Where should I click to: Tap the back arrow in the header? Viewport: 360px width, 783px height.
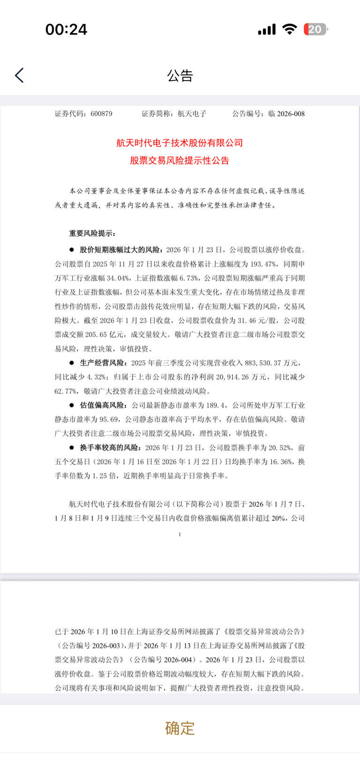tap(19, 75)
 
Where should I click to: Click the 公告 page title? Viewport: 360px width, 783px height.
tap(180, 75)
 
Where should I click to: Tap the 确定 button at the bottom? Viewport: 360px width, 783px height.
tap(180, 728)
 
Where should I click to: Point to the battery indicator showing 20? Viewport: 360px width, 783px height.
tap(315, 30)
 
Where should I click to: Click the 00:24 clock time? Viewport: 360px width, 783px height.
tap(66, 30)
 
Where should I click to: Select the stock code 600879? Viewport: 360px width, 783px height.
tap(101, 114)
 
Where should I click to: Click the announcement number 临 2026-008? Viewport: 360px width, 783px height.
tap(286, 114)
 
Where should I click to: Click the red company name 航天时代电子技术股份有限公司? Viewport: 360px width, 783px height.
tap(180, 143)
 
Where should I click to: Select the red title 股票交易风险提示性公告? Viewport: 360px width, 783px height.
tap(180, 161)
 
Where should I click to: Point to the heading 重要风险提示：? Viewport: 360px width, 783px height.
tap(92, 233)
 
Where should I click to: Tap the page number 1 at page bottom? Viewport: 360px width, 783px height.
tap(180, 534)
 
